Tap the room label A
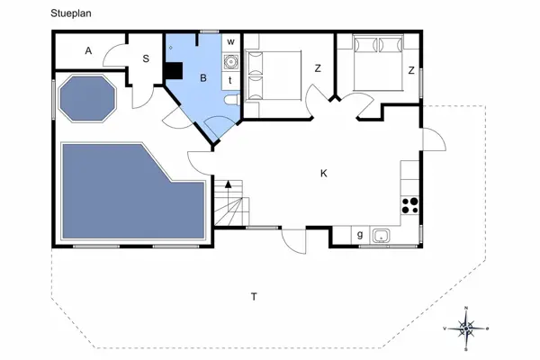[88, 51]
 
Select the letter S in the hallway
[144, 58]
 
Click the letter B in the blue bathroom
[203, 79]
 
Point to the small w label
[230, 41]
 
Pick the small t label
[230, 80]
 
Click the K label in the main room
[323, 173]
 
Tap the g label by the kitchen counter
[360, 236]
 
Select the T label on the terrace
[254, 296]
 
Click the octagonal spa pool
[87, 97]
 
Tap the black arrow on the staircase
[229, 184]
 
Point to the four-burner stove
[409, 204]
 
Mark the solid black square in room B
[174, 71]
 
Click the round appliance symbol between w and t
[230, 61]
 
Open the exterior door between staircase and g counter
[294, 238]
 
